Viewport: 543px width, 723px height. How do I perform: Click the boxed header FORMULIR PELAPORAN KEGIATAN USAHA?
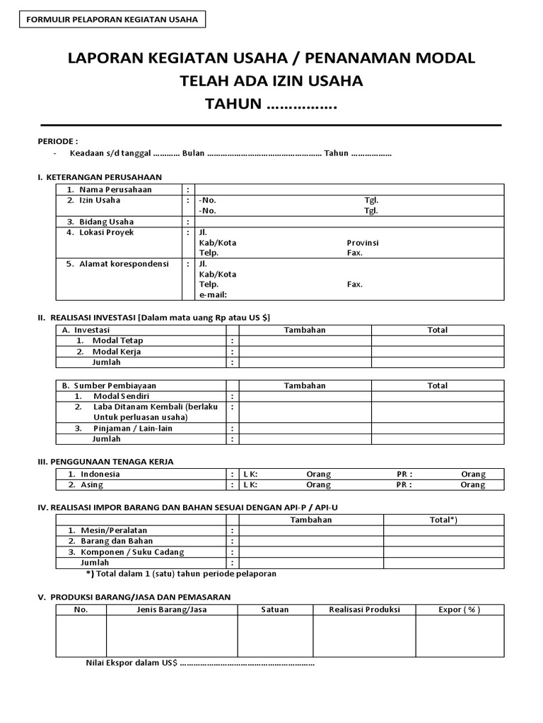[x=112, y=19]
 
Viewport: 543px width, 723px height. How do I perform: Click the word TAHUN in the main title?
[x=233, y=104]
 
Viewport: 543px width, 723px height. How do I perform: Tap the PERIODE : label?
[x=58, y=141]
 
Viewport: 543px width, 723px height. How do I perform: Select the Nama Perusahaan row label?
[x=115, y=189]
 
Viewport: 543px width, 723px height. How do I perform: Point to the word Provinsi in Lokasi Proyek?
[x=363, y=242]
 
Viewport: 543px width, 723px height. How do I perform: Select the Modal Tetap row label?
[x=117, y=340]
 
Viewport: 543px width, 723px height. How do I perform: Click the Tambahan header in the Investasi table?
[x=305, y=330]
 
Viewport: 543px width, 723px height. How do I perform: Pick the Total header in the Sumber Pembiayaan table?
[x=437, y=386]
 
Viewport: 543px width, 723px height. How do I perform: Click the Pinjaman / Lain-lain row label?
[x=132, y=428]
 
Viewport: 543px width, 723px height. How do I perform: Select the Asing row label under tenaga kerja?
[x=91, y=485]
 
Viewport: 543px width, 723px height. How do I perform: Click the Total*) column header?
[x=443, y=520]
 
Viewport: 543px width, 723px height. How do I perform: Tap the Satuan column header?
[x=274, y=609]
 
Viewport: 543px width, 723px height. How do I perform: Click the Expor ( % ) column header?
[x=460, y=609]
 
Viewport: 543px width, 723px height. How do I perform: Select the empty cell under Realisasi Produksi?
[x=364, y=635]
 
